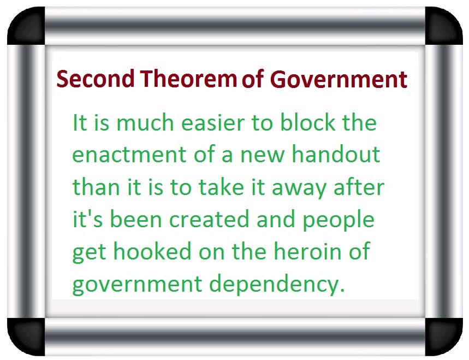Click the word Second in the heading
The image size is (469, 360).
pyautogui.click(x=95, y=79)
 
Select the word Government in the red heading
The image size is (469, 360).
pyautogui.click(x=339, y=79)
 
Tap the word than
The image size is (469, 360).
pyautogui.click(x=96, y=186)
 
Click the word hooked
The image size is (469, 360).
pyautogui.click(x=152, y=251)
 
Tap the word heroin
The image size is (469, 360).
pyautogui.click(x=307, y=251)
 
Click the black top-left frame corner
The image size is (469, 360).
pyautogui.click(x=26, y=26)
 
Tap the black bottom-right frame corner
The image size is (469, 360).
pyautogui.click(x=444, y=337)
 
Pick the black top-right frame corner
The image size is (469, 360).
pyautogui.click(x=444, y=26)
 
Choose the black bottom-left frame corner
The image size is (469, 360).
pyautogui.click(x=26, y=337)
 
